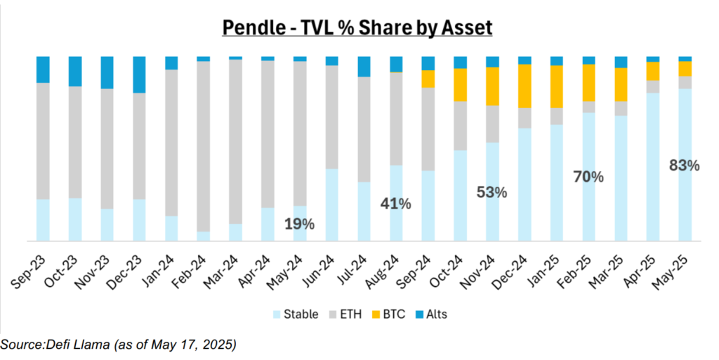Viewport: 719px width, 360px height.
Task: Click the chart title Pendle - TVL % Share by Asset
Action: [358, 27]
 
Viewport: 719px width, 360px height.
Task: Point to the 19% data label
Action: [300, 225]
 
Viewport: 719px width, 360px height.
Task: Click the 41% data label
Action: [396, 204]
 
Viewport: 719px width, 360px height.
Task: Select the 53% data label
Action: [492, 192]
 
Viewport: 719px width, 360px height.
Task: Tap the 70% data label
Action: [588, 177]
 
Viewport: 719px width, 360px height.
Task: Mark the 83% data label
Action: [685, 166]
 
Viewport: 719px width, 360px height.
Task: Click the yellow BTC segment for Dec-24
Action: [525, 86]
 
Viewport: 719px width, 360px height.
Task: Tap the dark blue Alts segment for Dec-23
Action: [140, 74]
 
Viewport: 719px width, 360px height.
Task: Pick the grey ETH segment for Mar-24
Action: [236, 141]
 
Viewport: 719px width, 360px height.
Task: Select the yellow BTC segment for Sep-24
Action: [428, 79]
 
